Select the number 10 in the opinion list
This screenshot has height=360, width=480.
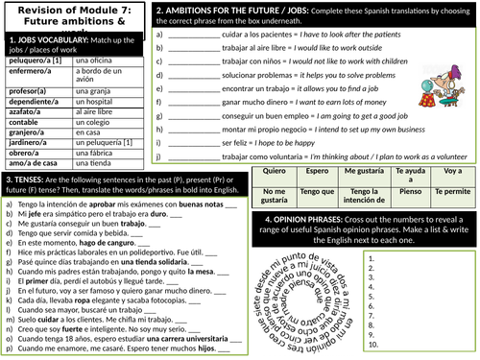374,344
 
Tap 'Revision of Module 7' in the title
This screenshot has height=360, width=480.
72,11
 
